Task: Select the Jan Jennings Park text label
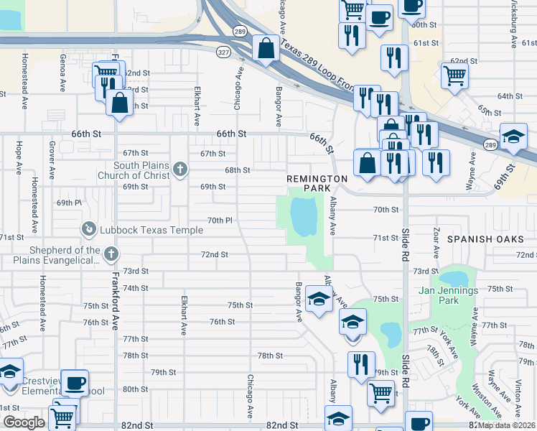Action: pos(449,295)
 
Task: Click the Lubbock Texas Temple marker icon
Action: pos(88,228)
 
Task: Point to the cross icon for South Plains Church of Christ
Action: pos(179,170)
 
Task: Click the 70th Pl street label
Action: pos(220,220)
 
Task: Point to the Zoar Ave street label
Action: pos(436,244)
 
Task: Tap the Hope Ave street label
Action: pos(15,157)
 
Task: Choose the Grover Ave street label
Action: pos(52,160)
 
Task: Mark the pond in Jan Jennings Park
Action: pos(454,278)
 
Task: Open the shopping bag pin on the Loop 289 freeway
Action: pos(266,48)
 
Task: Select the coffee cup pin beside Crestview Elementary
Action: pos(75,382)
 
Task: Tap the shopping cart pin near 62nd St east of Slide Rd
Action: pos(454,75)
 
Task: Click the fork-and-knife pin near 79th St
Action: pos(361,363)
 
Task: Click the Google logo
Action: pos(24,422)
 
